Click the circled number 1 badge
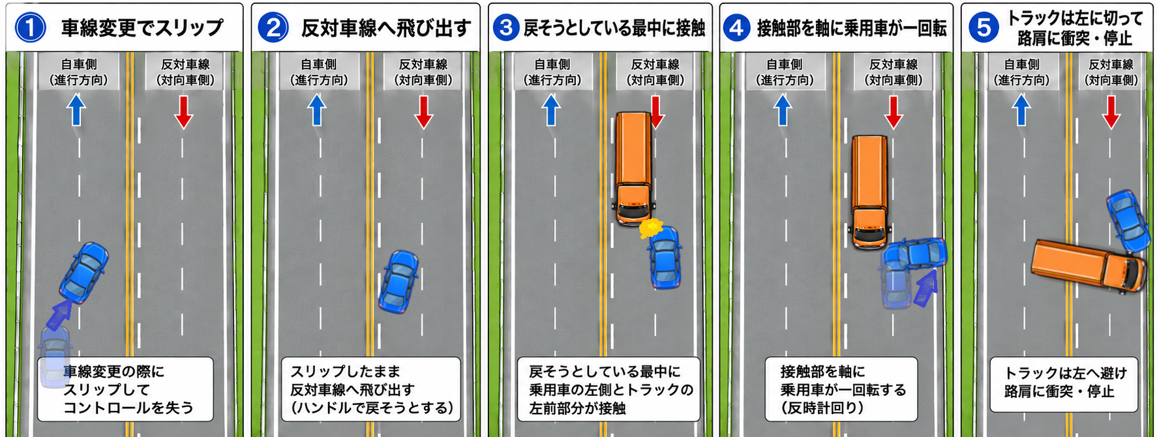tap(30, 28)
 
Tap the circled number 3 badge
tap(506, 28)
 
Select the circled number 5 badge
tap(984, 28)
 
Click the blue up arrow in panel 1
tap(76, 110)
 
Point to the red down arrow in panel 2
tap(424, 112)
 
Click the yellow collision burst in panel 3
tap(651, 228)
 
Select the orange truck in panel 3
tap(633, 168)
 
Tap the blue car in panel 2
tap(398, 281)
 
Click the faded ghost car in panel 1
tap(55, 355)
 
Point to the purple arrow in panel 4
tap(925, 288)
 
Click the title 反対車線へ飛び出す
tap(386, 28)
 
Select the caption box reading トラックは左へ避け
tap(1063, 384)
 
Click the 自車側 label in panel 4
tap(785, 65)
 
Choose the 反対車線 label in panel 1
tap(185, 65)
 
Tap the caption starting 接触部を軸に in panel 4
tap(841, 389)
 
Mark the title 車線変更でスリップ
tap(142, 28)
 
